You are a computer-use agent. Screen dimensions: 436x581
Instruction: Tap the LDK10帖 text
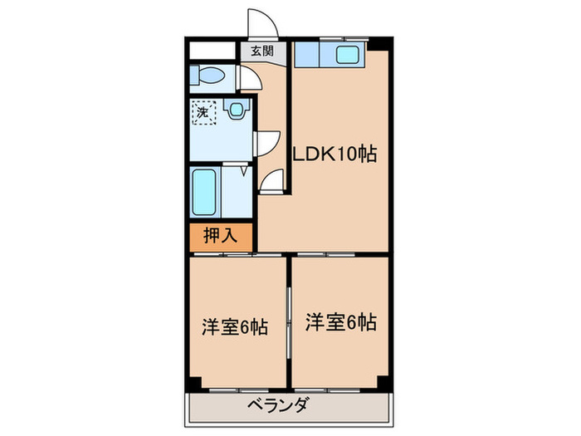click(x=334, y=154)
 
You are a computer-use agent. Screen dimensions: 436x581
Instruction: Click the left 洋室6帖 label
click(x=235, y=326)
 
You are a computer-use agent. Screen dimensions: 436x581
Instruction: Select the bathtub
click(x=204, y=192)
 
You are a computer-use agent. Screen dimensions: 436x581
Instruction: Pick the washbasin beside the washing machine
click(x=238, y=109)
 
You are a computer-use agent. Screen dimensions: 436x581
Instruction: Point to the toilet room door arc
click(x=251, y=80)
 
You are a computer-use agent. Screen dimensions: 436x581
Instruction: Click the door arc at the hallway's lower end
click(x=273, y=180)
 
